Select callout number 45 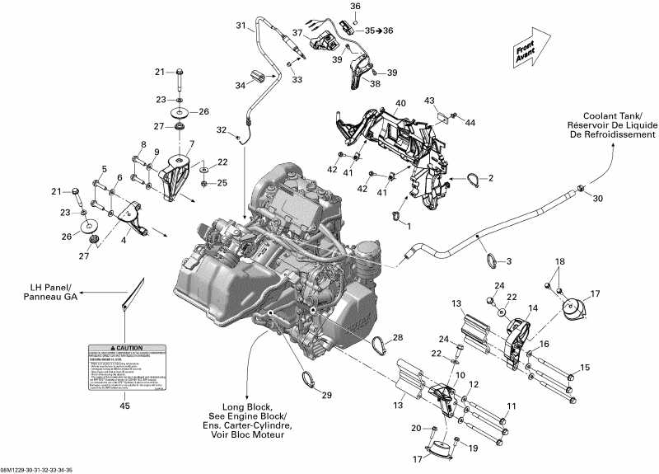point(124,405)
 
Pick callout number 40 point(400,103)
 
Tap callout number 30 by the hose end point(598,198)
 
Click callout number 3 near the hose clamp point(508,261)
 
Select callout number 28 point(398,338)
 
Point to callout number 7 point(192,144)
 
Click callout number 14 point(532,307)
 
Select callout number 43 point(452,101)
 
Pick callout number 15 point(585,367)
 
